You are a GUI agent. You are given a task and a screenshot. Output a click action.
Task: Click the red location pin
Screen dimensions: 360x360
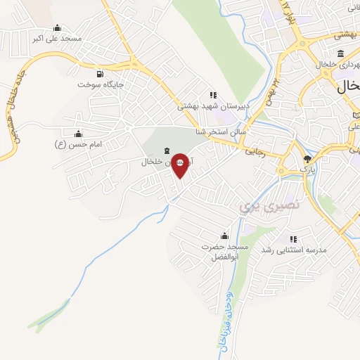pos(180,164)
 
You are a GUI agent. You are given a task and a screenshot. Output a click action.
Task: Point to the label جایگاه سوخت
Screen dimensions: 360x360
pos(101,84)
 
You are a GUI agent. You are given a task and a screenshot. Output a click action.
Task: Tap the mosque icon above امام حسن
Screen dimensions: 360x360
pos(78,133)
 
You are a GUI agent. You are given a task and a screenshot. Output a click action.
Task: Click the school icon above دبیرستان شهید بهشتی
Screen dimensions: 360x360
pos(212,95)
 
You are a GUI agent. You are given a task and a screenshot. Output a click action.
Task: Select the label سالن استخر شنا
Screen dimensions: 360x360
pos(221,131)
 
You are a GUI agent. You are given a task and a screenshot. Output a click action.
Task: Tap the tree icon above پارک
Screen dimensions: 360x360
pos(307,159)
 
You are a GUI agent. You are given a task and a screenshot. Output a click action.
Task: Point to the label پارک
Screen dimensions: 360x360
pos(307,169)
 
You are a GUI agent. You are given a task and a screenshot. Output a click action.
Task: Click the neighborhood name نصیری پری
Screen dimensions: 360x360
pos(269,205)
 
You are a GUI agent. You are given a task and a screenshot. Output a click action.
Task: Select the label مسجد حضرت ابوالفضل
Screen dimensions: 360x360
pos(225,252)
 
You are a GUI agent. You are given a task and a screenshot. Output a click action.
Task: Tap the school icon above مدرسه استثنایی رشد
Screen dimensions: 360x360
pos(293,239)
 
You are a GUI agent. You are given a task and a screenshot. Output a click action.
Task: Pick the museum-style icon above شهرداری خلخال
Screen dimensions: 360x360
pos(340,53)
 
